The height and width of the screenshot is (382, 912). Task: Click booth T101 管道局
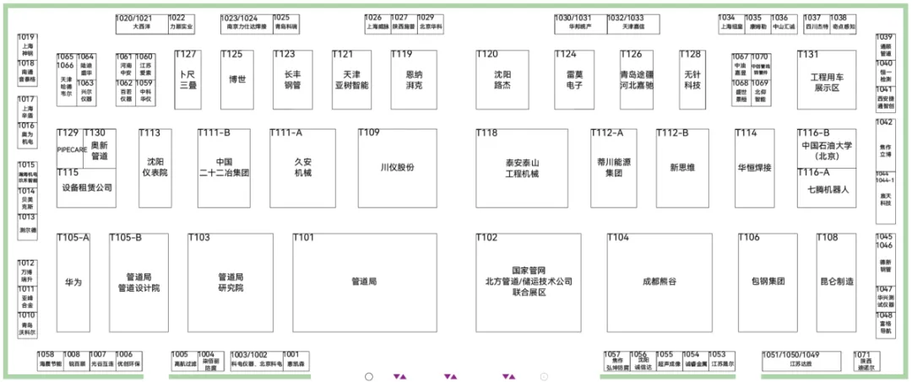click(x=363, y=282)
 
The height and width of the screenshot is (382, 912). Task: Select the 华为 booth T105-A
click(x=73, y=282)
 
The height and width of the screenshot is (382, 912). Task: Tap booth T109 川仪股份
click(x=397, y=168)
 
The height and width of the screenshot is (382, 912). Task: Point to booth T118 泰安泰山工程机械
click(x=522, y=168)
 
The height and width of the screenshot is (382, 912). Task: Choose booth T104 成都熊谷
click(x=659, y=282)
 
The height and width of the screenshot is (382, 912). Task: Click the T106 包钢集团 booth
click(x=768, y=282)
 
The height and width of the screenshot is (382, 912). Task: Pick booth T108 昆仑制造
click(x=837, y=282)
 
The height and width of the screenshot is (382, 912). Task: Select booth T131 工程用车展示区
click(x=825, y=80)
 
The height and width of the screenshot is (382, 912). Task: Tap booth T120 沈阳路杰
click(x=503, y=80)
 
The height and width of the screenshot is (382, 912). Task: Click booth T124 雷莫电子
click(x=574, y=80)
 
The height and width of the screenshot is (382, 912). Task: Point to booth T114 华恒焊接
click(x=754, y=168)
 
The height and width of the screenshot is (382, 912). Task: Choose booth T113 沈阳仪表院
click(x=155, y=168)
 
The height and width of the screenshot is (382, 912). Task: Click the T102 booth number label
click(x=487, y=238)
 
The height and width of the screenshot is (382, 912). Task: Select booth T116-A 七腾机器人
click(x=828, y=189)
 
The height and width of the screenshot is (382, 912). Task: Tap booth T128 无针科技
click(x=692, y=80)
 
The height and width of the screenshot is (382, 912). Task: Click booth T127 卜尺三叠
click(x=187, y=80)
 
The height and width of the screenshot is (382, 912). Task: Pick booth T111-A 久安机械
click(x=303, y=168)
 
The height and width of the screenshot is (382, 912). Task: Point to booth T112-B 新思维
click(x=682, y=168)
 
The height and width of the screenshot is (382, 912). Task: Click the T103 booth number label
click(x=199, y=238)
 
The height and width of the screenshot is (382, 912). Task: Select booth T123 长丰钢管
click(x=292, y=80)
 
